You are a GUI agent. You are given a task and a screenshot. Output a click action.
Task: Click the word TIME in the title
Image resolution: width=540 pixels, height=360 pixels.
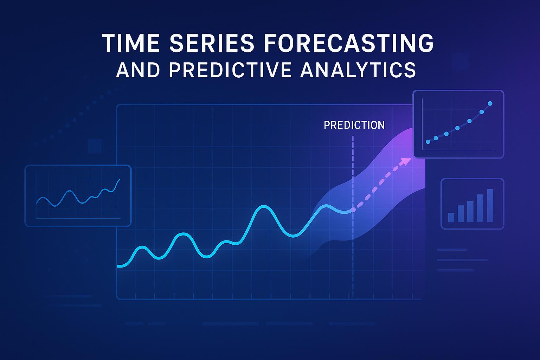point(131,43)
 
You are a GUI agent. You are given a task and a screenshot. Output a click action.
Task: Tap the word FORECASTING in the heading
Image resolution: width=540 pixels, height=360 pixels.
point(349,43)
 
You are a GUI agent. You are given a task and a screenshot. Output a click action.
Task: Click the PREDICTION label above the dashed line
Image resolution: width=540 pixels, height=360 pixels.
point(354,125)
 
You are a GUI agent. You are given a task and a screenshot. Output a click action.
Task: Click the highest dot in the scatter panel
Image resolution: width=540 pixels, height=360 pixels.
point(490,103)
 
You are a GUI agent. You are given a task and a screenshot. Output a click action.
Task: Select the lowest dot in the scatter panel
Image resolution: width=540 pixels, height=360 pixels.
point(428,142)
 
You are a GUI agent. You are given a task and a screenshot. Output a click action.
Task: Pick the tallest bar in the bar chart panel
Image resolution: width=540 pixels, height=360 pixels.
point(490,205)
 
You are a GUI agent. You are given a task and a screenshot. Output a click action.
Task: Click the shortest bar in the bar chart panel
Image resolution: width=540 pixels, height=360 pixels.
point(451,217)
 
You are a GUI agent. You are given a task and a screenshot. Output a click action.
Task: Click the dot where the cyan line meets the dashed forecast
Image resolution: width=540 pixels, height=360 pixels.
point(353,210)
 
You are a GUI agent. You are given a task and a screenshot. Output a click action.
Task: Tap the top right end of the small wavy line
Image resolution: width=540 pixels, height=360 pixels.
point(120,180)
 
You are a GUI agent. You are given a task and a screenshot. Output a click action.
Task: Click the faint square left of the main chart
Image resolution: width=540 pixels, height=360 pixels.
point(95,146)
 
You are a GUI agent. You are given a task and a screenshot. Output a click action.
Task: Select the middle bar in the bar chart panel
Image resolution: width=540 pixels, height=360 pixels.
point(470,212)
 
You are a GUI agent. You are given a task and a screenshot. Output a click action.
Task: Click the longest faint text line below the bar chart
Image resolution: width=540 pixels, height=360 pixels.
point(462,260)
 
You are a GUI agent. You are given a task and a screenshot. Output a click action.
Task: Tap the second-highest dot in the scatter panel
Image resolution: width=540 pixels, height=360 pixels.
point(482,112)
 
